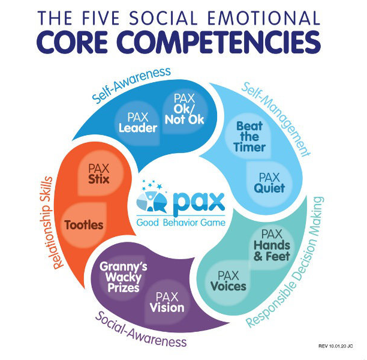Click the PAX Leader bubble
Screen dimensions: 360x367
pyautogui.click(x=138, y=122)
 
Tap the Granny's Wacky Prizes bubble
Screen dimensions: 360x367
pyautogui.click(x=120, y=277)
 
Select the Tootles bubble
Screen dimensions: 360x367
pyautogui.click(x=85, y=225)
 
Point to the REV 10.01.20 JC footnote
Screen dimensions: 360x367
pyautogui.click(x=336, y=346)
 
